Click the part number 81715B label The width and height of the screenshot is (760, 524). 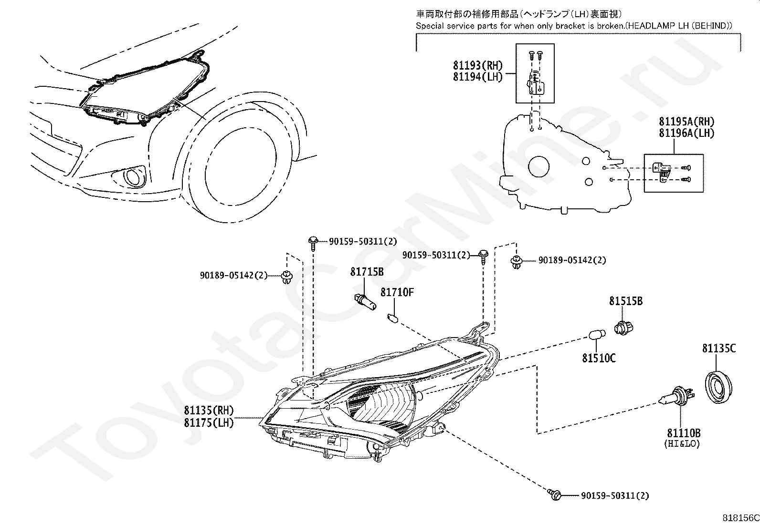(367, 271)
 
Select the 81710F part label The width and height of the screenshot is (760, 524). (397, 292)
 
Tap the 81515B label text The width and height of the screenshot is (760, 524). (626, 301)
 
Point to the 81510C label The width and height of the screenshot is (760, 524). (599, 358)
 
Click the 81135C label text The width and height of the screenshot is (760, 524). (719, 349)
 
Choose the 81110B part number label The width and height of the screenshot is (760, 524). (684, 433)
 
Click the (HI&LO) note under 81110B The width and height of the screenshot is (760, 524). (682, 444)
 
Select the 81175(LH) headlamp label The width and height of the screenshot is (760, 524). (209, 422)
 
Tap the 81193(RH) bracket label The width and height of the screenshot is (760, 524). (478, 65)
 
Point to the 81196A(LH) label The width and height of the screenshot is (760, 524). (686, 133)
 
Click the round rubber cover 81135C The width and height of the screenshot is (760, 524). (718, 387)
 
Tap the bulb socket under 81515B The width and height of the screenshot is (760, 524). (623, 328)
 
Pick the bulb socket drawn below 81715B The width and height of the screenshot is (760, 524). (365, 302)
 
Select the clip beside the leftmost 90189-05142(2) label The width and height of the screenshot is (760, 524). (287, 277)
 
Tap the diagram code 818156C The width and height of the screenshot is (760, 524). (740, 518)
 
